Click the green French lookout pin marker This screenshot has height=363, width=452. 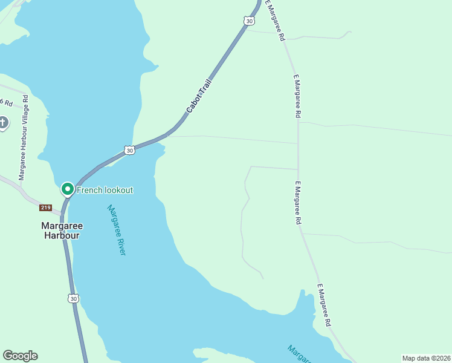coord(67,189)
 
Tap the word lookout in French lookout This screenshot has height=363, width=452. coord(118,190)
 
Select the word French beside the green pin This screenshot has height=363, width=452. coord(89,190)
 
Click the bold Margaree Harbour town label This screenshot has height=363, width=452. coord(62,231)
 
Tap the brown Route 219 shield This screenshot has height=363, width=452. coord(46,208)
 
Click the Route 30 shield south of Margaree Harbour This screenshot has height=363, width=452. coord(73,298)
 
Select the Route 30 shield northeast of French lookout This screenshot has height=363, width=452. coord(129,150)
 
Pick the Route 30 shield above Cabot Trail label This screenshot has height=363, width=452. coord(250,21)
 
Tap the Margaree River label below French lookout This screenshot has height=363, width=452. coord(116,230)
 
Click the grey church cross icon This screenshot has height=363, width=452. coord(3,123)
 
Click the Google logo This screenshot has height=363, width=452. coord(20,356)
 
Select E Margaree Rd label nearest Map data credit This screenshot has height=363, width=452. coord(324,306)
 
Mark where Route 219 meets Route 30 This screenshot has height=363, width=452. coord(63,214)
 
